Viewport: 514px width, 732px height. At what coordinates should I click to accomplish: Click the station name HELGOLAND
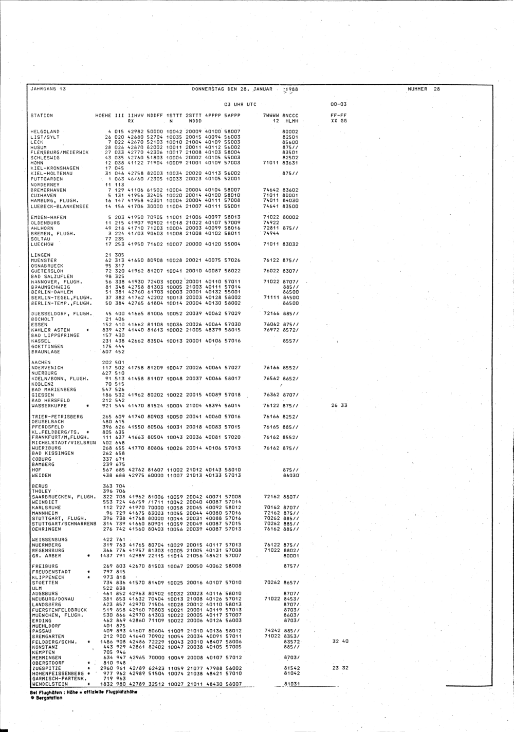pyautogui.click(x=45, y=132)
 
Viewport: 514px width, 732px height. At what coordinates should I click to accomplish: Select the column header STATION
pyautogui.click(x=42, y=116)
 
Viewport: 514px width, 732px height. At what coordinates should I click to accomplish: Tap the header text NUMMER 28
pyautogui.click(x=424, y=89)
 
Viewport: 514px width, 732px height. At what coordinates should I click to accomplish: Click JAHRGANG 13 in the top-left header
pyautogui.click(x=48, y=89)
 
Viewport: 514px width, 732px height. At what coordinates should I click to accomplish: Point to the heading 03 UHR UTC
pyautogui.click(x=240, y=104)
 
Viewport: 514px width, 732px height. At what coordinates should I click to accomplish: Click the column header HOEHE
pyautogui.click(x=104, y=116)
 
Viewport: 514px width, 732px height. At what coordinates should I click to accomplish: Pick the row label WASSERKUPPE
pyautogui.click(x=47, y=405)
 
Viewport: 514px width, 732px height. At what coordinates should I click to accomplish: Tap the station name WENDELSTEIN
pyautogui.click(x=49, y=684)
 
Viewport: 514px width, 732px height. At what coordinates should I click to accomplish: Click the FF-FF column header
pyautogui.click(x=339, y=116)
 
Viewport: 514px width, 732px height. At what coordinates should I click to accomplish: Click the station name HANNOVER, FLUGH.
pyautogui.click(x=57, y=281)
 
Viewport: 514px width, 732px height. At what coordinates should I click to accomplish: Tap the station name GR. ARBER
pyautogui.click(x=47, y=555)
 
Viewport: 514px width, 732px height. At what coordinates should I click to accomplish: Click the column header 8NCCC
pyautogui.click(x=291, y=116)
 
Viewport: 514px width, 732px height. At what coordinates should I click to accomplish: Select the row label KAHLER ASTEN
pyautogui.click(x=51, y=330)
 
